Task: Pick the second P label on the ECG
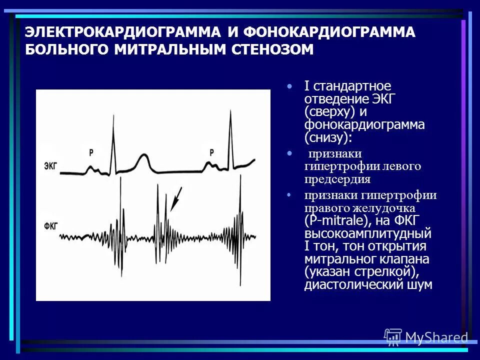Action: [211, 152]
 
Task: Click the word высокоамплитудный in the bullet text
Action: [367, 234]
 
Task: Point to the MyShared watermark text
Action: [436, 337]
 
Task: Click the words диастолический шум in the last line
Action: [368, 285]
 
